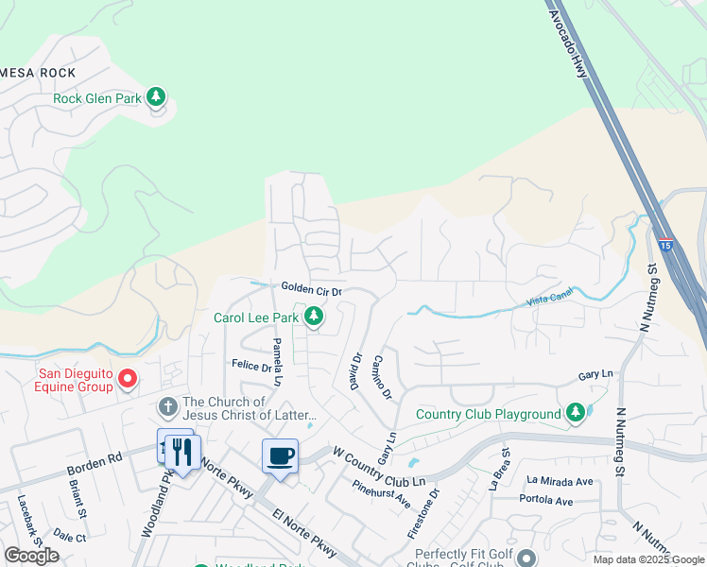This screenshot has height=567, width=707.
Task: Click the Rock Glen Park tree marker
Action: point(157,97)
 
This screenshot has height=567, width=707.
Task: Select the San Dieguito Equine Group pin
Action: point(129,381)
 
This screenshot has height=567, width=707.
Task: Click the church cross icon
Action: point(167,407)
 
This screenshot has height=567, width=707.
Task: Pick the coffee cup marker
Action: point(280,456)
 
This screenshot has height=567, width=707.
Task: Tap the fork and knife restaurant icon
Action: point(182,452)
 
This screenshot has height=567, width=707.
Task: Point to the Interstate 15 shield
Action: point(666,244)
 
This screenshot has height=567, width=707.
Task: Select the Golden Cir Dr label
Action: point(310,288)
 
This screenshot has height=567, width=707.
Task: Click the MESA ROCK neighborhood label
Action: point(39,73)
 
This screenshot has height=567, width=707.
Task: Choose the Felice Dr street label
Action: point(250,364)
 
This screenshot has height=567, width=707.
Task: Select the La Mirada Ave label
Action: point(560,481)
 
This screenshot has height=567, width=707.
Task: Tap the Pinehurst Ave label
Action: point(381,491)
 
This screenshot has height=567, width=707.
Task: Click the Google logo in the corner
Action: point(31,556)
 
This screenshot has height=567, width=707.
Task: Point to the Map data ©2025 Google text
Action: point(648,559)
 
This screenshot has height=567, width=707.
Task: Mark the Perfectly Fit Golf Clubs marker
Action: point(526,558)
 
